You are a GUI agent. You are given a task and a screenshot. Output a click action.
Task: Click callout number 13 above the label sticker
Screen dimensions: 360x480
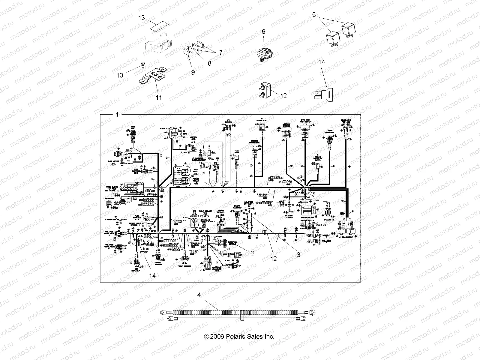[141, 18]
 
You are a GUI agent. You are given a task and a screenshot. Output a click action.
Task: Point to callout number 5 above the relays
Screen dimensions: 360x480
[314, 15]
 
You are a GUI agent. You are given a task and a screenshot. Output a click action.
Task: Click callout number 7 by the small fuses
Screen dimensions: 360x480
[220, 52]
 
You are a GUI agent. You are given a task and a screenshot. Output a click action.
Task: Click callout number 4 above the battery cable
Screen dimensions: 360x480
[199, 295]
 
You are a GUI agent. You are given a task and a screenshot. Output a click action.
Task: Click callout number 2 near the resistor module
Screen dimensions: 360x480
[253, 253]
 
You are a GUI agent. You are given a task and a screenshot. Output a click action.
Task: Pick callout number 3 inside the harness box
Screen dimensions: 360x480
[298, 255]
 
